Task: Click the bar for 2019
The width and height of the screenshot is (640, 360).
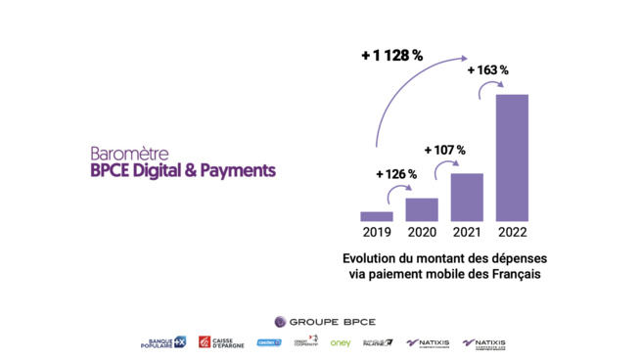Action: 376,216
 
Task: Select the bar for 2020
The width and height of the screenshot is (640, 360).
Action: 421,209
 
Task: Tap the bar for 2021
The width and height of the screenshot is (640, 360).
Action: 467,197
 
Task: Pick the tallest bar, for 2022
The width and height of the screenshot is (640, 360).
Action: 512,157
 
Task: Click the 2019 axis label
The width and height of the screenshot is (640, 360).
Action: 376,233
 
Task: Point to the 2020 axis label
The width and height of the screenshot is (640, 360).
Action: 421,233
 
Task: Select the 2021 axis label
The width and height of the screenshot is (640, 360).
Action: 467,233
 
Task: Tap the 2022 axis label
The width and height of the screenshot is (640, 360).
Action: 512,233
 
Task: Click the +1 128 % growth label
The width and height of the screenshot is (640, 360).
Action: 391,56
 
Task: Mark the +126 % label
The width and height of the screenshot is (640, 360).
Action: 396,174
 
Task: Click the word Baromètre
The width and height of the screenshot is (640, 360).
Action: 129,154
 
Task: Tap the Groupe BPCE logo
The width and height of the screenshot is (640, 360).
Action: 319,321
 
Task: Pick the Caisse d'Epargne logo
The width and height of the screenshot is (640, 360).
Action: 221,343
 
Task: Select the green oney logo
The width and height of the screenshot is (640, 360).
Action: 340,343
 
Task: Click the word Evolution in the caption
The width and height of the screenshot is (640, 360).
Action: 373,257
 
